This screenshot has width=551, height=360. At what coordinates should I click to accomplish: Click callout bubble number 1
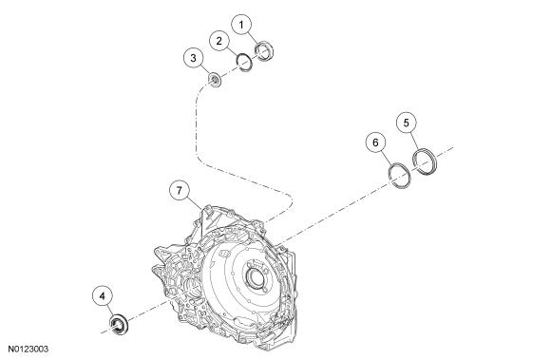point(241,26)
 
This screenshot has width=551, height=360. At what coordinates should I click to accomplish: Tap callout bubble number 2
point(219,41)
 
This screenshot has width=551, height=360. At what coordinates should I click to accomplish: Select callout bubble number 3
point(193,58)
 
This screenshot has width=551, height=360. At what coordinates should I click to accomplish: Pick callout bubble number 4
point(103,296)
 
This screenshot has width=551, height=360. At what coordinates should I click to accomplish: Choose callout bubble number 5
point(407,123)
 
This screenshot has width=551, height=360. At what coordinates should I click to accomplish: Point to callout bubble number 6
point(375,142)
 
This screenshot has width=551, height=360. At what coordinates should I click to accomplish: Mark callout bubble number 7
point(180,191)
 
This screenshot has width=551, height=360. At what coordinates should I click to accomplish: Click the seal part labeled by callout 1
point(263,50)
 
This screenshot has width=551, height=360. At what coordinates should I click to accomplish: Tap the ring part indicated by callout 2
point(244,62)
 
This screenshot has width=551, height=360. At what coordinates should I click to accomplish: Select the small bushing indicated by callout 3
point(215,80)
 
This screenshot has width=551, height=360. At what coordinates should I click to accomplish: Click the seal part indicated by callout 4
point(119,324)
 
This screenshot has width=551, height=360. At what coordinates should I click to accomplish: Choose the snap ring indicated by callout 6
point(399,176)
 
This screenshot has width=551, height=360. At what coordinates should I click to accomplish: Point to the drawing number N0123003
point(28,350)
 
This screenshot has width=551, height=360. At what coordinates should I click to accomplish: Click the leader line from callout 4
point(109,311)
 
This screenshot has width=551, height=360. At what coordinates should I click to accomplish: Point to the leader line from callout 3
point(205,70)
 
